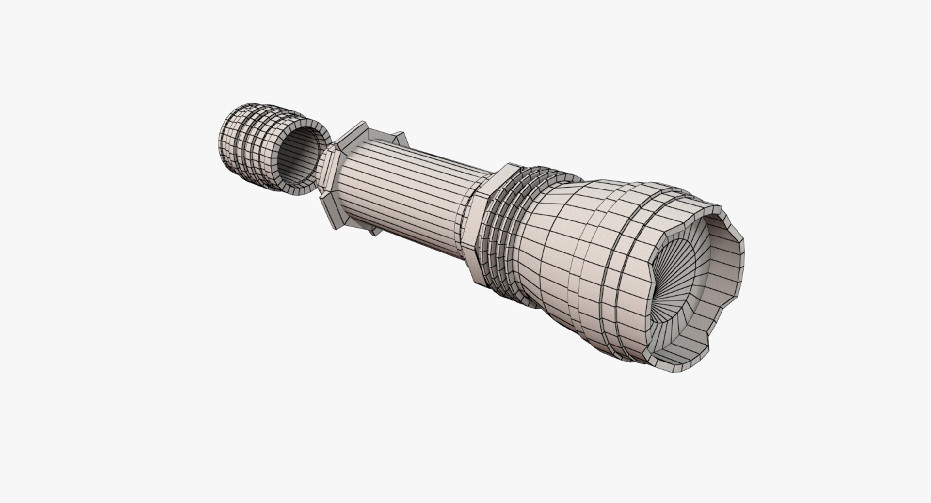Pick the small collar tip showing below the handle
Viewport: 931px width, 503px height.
click(x=373, y=232)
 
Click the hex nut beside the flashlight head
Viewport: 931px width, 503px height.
click(x=485, y=218)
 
